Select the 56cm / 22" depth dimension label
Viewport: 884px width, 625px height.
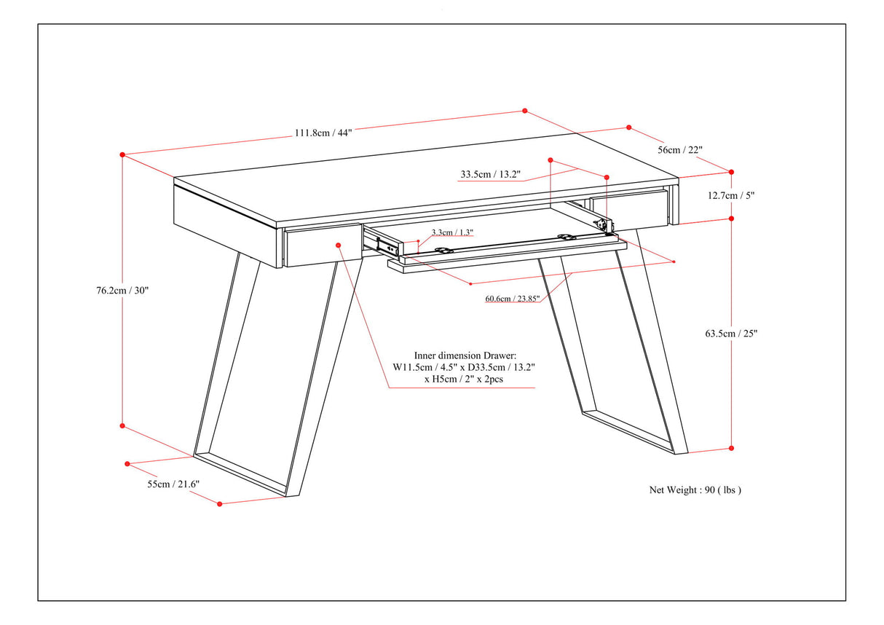click(679, 150)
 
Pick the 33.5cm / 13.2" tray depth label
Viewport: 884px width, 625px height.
click(490, 175)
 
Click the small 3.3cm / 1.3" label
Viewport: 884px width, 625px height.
click(452, 232)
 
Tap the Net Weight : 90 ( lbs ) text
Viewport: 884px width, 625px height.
click(695, 490)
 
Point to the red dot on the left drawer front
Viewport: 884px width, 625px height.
click(339, 245)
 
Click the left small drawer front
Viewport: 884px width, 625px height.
click(320, 246)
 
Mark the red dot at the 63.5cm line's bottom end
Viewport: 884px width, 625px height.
click(731, 448)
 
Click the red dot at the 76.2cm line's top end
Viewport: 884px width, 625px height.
click(122, 154)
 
